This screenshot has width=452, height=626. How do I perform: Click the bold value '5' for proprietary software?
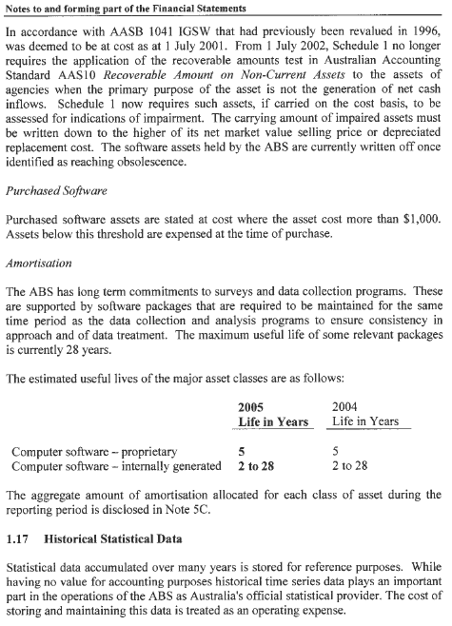pos(242,451)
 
